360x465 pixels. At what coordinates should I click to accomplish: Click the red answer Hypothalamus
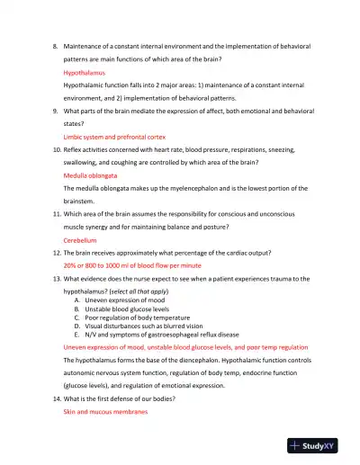(84, 70)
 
